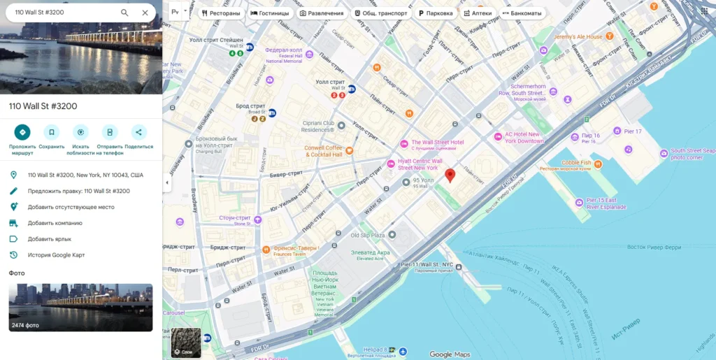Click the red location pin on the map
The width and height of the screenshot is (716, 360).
tap(450, 175)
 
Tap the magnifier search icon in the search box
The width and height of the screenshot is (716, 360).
tap(124, 13)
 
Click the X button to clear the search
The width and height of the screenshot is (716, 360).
tap(145, 13)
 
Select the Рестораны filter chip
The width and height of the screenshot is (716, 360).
tap(221, 13)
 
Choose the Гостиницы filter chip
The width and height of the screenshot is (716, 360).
tap(269, 13)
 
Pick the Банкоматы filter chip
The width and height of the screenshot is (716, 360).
tap(521, 13)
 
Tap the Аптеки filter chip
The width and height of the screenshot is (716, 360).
tap(478, 13)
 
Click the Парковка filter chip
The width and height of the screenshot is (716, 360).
tap(436, 13)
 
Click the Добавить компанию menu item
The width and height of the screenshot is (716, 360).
tap(55, 223)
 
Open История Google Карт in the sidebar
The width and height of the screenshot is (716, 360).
tap(56, 255)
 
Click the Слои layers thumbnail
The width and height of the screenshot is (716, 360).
tap(186, 343)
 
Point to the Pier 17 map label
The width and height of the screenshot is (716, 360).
tap(632, 131)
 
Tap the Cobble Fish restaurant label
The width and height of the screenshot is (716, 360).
tap(576, 162)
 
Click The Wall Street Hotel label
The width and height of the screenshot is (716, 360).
tap(437, 143)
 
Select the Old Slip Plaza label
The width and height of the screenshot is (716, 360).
tap(367, 236)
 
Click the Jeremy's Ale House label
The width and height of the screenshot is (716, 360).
tap(578, 37)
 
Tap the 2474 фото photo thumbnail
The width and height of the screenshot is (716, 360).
tap(80, 307)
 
